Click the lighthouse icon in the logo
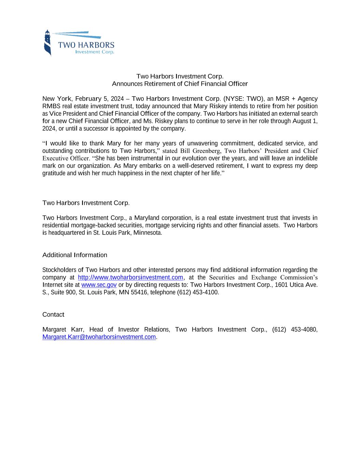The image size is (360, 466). click(48, 43)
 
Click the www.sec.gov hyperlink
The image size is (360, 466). click(99, 285)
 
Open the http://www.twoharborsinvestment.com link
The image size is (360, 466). click(130, 277)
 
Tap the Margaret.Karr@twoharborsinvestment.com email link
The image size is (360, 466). click(99, 337)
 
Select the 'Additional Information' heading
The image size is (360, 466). click(75, 255)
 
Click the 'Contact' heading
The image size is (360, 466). click(53, 314)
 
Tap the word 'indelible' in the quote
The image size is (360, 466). click(305, 158)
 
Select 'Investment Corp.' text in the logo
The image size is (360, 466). click(95, 52)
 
